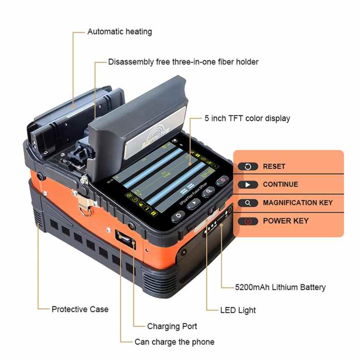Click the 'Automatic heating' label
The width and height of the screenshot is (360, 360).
point(119,32)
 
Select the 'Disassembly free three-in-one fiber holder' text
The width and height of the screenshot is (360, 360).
point(183,62)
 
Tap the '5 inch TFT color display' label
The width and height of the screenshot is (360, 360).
point(247,119)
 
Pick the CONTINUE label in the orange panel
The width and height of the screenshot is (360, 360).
point(280,184)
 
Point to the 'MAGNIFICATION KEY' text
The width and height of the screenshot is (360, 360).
point(298,203)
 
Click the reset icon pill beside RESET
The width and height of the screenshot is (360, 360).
point(248,167)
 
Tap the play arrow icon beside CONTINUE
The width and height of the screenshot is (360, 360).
point(248,184)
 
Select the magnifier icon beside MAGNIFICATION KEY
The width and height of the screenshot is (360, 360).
point(248,203)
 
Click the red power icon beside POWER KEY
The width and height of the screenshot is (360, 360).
point(248,221)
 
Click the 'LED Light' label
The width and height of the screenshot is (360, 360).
point(238,310)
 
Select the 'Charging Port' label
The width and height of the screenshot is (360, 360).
point(172,326)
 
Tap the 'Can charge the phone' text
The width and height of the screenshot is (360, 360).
point(174,342)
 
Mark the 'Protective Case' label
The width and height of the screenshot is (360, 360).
point(80,309)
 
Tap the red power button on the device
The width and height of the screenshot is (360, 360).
point(222,181)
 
